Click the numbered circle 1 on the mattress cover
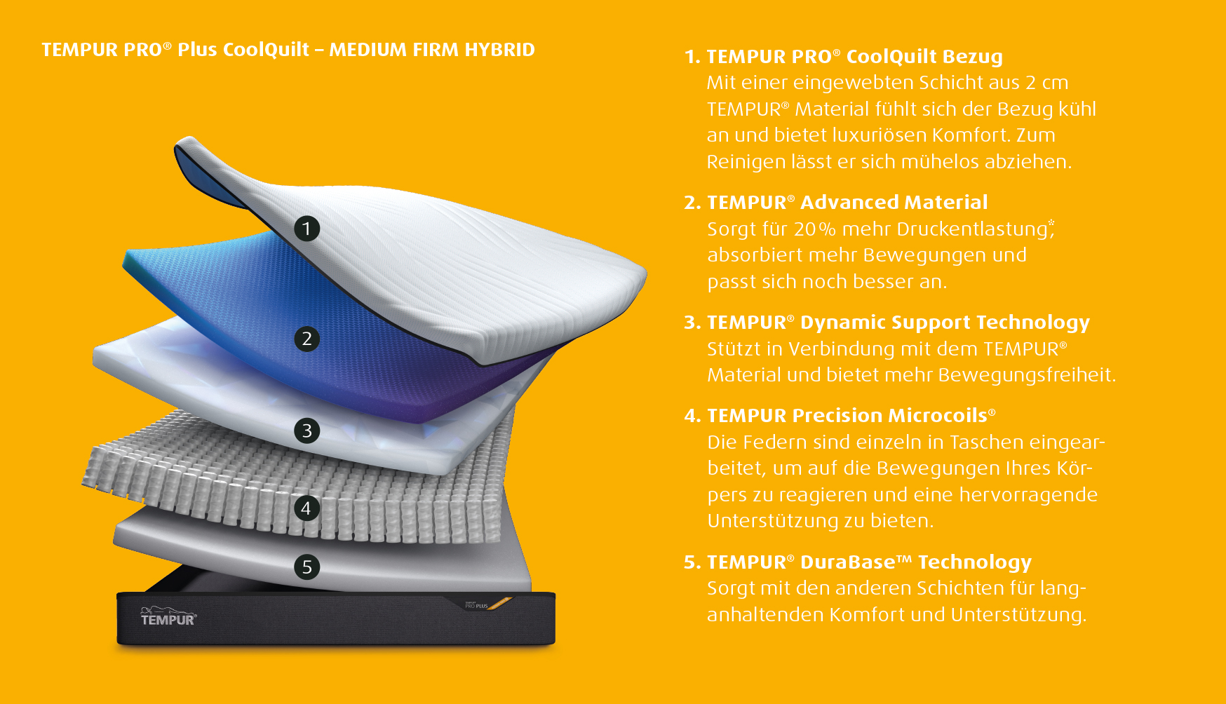tap(306, 229)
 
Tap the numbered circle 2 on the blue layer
tap(306, 339)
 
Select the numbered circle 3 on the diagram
tap(306, 431)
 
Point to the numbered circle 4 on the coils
tap(306, 508)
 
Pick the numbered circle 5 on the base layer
tap(306, 567)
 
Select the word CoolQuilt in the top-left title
tap(265, 50)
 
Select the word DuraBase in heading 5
tap(848, 562)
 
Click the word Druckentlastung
tap(972, 229)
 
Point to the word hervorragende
tap(1028, 495)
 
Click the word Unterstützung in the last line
tap(1018, 615)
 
